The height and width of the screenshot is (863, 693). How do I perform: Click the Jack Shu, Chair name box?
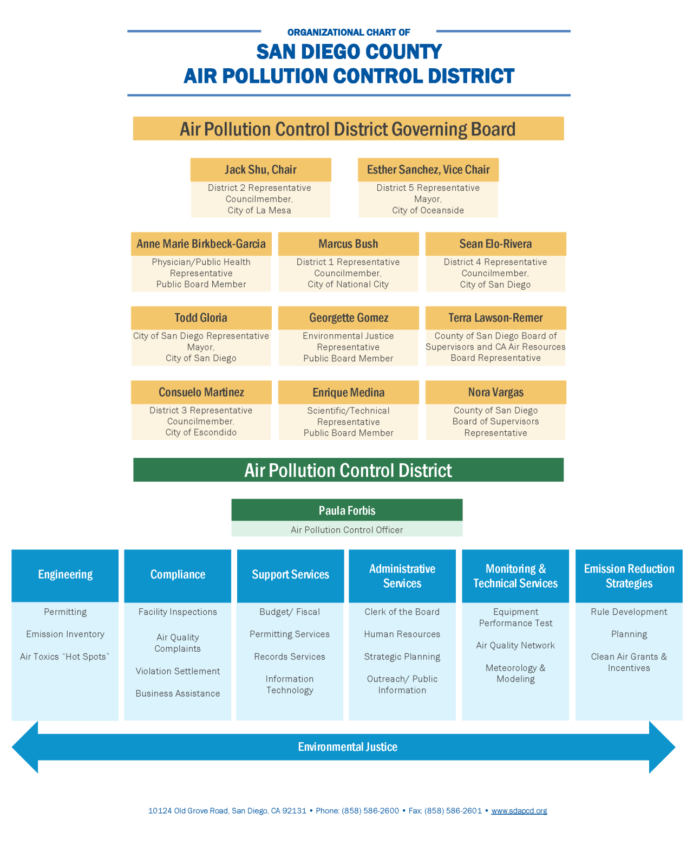click(x=260, y=170)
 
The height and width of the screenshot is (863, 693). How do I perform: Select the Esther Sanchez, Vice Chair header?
click(x=428, y=170)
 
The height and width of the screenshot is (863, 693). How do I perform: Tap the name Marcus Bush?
click(x=348, y=244)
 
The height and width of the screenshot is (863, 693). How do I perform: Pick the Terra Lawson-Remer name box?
click(x=495, y=318)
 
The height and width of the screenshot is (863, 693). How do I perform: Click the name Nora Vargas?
click(x=495, y=392)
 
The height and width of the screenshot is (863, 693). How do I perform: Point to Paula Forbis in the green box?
click(x=347, y=510)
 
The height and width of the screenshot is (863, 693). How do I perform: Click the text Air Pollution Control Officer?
click(x=347, y=530)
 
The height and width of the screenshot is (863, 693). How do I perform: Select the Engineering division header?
click(x=65, y=575)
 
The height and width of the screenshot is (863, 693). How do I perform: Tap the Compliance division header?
click(x=178, y=575)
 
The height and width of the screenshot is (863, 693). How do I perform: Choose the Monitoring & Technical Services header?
click(x=515, y=576)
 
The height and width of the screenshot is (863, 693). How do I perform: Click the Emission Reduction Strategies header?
click(x=629, y=576)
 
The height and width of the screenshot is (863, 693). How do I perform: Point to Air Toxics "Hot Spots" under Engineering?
click(x=65, y=657)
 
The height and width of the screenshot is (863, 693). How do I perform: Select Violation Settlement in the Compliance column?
click(x=178, y=671)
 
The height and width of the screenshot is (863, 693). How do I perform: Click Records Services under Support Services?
click(x=290, y=657)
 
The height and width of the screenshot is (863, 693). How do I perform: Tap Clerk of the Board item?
click(x=402, y=612)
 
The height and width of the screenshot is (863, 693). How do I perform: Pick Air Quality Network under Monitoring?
click(x=515, y=645)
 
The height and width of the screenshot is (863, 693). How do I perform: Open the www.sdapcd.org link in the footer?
click(x=519, y=811)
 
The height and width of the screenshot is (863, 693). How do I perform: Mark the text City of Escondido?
click(x=201, y=432)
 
